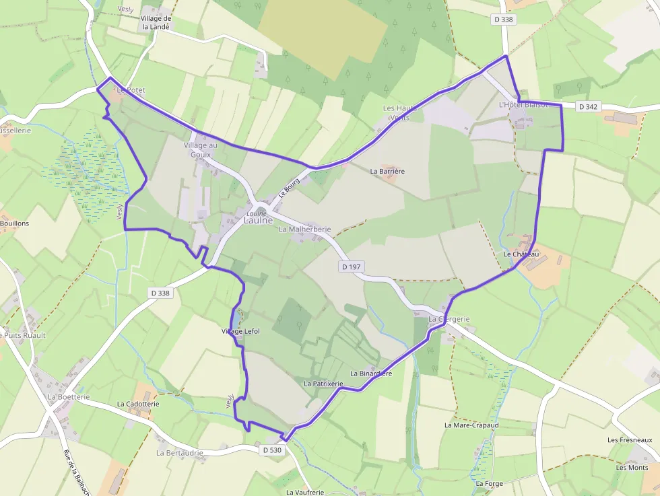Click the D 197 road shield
click(351, 267)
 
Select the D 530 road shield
click(272, 450)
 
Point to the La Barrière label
click(387, 172)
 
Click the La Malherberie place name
click(304, 229)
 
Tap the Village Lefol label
click(240, 331)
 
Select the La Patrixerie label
click(323, 384)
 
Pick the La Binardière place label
click(371, 373)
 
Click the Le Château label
click(521, 254)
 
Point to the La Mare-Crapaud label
click(471, 425)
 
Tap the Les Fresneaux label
click(630, 440)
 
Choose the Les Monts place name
click(632, 468)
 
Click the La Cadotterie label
click(138, 404)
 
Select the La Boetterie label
click(69, 397)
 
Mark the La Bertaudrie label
click(180, 453)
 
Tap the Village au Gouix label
click(201, 149)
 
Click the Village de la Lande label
click(156, 23)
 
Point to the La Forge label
click(489, 483)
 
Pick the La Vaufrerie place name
click(305, 492)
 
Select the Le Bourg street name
click(289, 188)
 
